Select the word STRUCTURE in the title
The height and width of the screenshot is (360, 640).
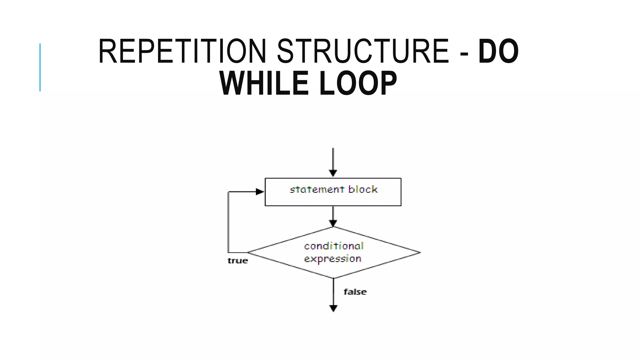[x=363, y=52]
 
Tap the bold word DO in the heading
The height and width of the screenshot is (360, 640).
[x=498, y=52]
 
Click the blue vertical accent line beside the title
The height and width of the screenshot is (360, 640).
[x=40, y=67]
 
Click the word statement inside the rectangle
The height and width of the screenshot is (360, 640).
[x=317, y=190]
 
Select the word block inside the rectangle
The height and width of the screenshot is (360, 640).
[x=363, y=189]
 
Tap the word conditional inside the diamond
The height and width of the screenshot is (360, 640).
[x=334, y=246]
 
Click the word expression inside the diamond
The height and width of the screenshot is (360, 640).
[x=332, y=259]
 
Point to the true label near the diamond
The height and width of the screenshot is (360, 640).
[x=237, y=261]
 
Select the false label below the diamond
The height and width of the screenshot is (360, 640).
[x=355, y=292]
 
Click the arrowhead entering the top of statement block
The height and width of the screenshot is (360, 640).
[x=333, y=173]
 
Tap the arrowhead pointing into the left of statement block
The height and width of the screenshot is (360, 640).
[x=260, y=192]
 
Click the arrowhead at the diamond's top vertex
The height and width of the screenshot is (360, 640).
[x=333, y=223]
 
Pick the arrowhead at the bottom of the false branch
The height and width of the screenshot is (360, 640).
[x=333, y=308]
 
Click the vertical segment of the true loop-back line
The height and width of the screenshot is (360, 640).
[x=228, y=222]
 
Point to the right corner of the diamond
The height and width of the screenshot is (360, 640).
[x=420, y=252]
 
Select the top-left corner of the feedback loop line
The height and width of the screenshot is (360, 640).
[x=229, y=192]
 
